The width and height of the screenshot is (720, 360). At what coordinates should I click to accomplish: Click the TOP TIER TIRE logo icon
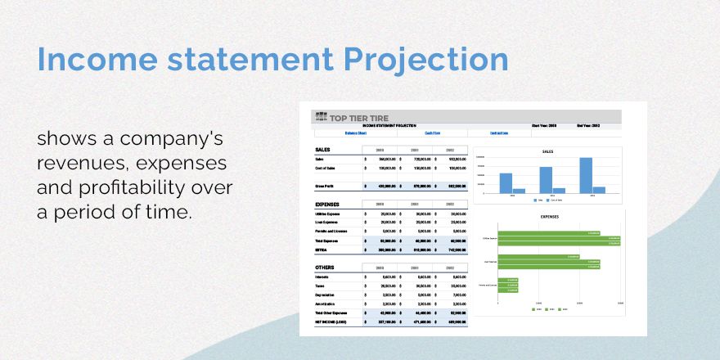[x=322, y=117]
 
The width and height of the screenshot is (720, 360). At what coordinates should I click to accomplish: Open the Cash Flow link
[x=432, y=133]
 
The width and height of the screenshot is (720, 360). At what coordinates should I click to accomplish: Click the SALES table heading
[x=322, y=150]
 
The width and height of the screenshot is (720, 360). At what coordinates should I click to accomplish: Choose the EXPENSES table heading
[x=327, y=204]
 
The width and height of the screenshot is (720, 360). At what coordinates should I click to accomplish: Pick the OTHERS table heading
[x=325, y=268]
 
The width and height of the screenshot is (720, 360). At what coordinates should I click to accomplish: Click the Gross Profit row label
[x=326, y=186]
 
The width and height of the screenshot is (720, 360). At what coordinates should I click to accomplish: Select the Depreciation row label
[x=326, y=295]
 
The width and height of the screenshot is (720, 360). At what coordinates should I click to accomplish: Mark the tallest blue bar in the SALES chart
[x=585, y=175]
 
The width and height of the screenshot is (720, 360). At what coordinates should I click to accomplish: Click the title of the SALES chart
[x=548, y=151]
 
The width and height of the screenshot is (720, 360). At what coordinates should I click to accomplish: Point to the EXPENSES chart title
[x=550, y=217]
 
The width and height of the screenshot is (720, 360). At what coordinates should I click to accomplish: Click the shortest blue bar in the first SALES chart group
[x=519, y=191]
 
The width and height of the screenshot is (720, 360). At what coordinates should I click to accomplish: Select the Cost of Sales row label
[x=326, y=168]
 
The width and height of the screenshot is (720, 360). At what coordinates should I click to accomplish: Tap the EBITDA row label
[x=322, y=250]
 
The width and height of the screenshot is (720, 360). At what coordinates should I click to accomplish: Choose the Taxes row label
[x=321, y=286]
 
